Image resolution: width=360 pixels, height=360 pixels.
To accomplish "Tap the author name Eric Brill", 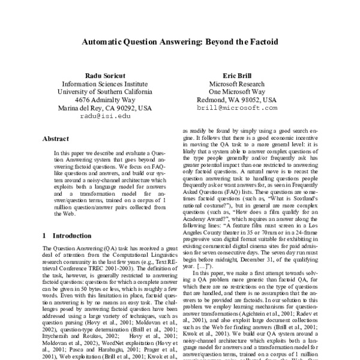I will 244,75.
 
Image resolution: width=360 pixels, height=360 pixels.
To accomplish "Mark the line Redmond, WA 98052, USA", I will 244,100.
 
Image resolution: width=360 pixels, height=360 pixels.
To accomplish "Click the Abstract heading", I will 56,139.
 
